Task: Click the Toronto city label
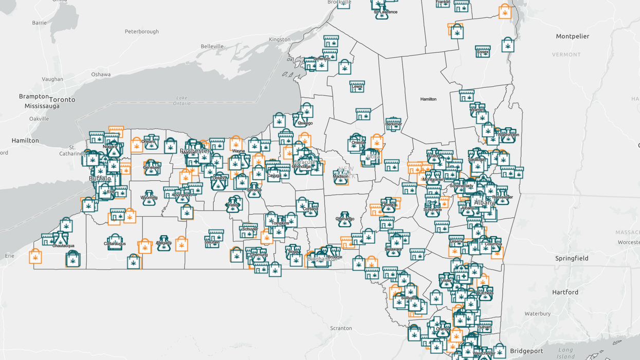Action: click(62, 99)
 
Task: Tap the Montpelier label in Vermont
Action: click(573, 37)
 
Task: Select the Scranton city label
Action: click(341, 328)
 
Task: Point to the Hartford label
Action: click(565, 292)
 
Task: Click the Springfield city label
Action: click(572, 258)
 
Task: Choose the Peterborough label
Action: click(142, 31)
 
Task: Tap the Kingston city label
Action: click(280, 40)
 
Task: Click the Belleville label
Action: click(212, 46)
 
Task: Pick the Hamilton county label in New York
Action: click(428, 99)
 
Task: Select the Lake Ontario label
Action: click(182, 101)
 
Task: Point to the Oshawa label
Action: click(101, 75)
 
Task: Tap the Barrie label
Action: click(39, 23)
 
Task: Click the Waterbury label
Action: click(538, 314)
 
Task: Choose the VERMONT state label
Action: click(566, 55)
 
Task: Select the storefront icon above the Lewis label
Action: click(357, 82)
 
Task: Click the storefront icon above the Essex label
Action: click(482, 48)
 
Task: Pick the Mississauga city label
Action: click(42, 106)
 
